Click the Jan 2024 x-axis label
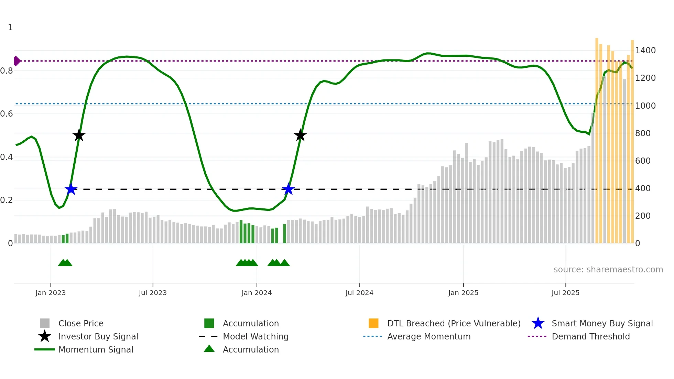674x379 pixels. (257, 293)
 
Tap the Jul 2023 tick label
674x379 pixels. (153, 293)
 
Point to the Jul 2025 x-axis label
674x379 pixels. (565, 293)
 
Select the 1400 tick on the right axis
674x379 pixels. (645, 51)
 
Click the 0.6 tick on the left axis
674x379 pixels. (7, 114)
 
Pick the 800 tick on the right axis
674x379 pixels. (643, 133)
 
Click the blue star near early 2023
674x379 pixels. (71, 189)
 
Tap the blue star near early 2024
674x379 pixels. (288, 189)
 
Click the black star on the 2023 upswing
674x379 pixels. (79, 135)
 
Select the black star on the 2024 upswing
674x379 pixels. (300, 135)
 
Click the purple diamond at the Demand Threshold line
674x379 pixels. (17, 61)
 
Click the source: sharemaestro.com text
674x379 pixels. (608, 270)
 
